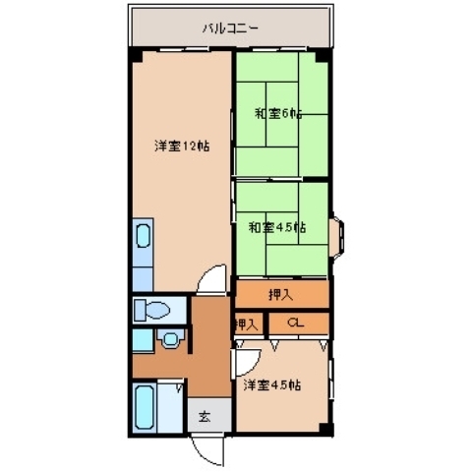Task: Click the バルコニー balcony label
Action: pyautogui.click(x=230, y=29)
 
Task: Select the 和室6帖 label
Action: pyautogui.click(x=278, y=113)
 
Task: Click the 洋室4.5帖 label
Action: pyautogui.click(x=272, y=384)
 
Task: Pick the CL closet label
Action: pyautogui.click(x=296, y=323)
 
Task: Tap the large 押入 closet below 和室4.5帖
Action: pyautogui.click(x=280, y=293)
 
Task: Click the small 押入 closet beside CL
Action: pyautogui.click(x=246, y=323)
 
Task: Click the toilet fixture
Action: pyautogui.click(x=155, y=310)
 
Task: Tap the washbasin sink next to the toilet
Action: pyautogui.click(x=169, y=341)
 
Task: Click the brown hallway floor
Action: pyautogui.click(x=207, y=339)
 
